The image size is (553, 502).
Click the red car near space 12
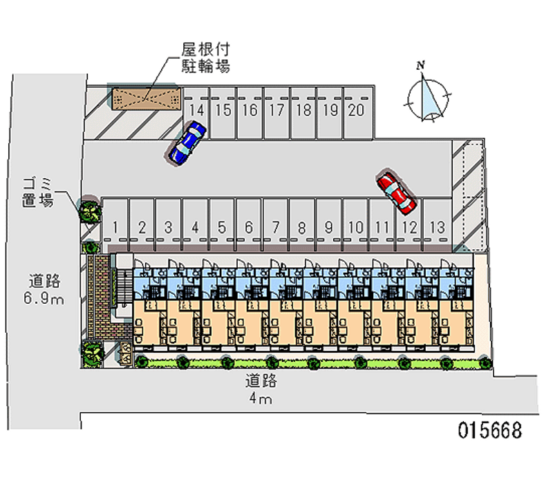pos(397,192)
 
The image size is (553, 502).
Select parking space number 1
pos(115,226)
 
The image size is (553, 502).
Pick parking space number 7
pos(275,226)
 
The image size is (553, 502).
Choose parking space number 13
pos(436,226)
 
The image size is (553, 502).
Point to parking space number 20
pos(356,110)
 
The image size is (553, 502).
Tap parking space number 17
pos(276,110)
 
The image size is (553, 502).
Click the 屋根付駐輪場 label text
pos(205,58)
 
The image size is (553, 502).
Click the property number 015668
pos(489,430)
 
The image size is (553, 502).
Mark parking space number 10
pos(355,226)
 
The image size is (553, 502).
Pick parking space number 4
pos(196,226)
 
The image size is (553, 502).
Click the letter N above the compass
pos(420,66)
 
